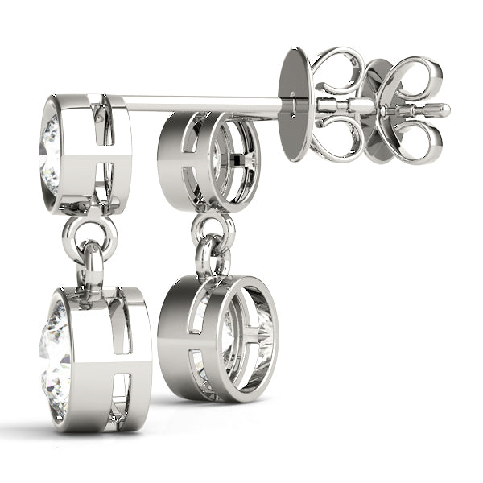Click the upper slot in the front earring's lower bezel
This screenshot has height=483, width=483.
tap(121, 322)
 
